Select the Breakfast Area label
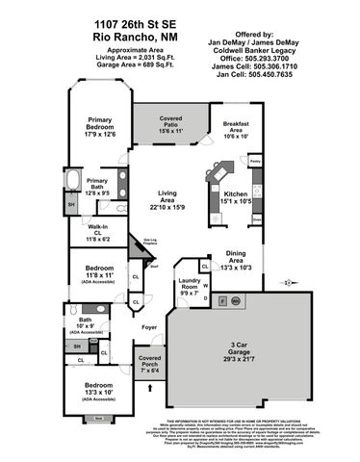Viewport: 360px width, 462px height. click(x=237, y=130)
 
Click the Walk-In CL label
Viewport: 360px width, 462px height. click(x=95, y=231)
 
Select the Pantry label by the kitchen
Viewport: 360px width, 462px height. click(x=255, y=161)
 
